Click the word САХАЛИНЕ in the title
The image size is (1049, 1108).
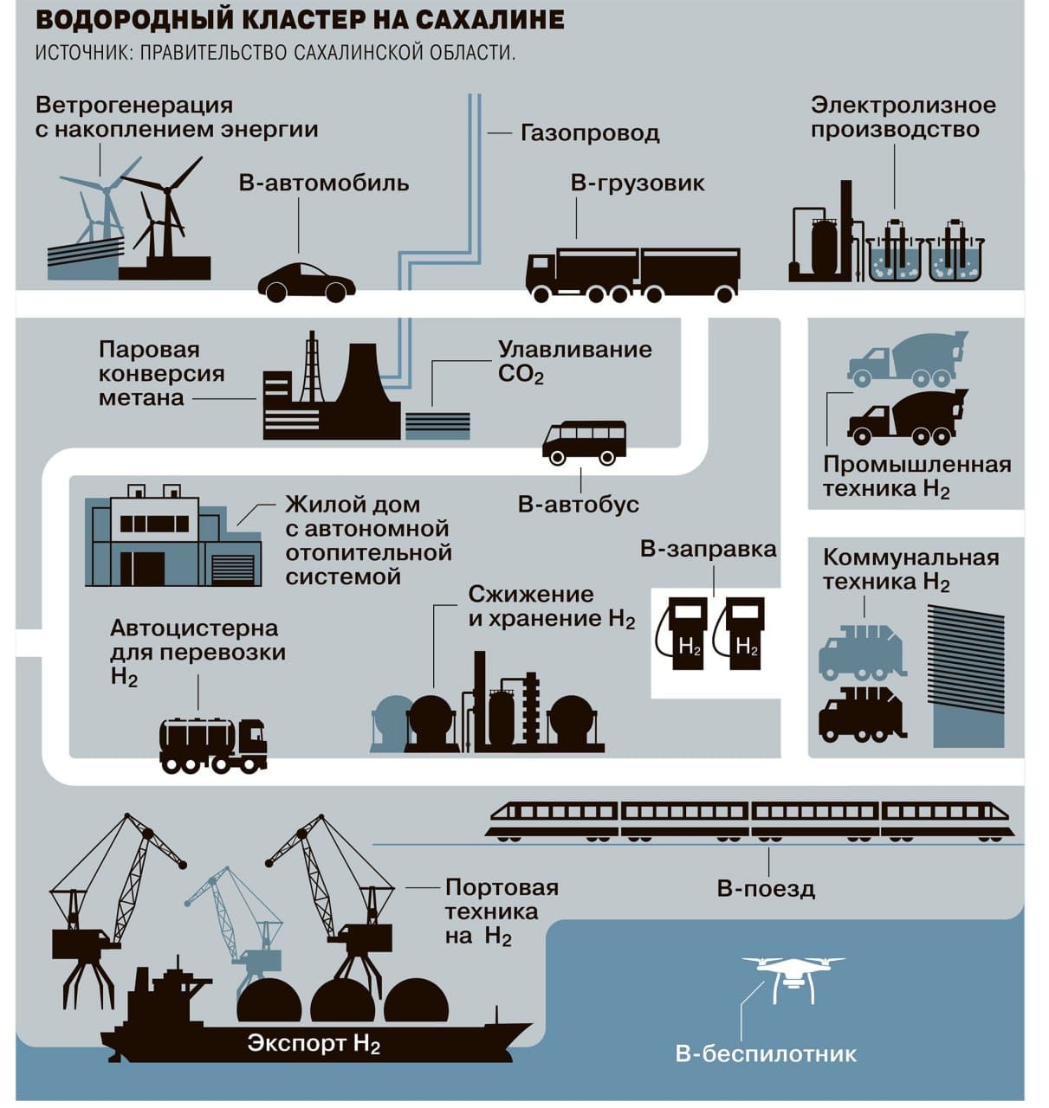click(482, 19)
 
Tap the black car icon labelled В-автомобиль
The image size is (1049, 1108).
click(306, 281)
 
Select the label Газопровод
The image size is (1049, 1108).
click(589, 133)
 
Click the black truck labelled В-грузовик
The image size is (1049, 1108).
click(633, 273)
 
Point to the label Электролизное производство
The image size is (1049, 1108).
click(903, 118)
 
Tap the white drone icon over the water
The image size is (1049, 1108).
click(792, 975)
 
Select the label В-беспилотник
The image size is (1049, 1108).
click(766, 1053)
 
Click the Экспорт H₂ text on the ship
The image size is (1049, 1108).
click(314, 1043)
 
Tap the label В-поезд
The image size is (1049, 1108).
click(766, 889)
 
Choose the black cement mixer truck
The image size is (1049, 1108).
click(905, 417)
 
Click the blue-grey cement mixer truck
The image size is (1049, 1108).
click(906, 358)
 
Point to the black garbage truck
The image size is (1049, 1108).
click(861, 715)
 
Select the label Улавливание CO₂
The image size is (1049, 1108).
click(573, 362)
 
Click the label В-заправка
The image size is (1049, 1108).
click(708, 549)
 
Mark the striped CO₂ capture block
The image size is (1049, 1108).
click(437, 423)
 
